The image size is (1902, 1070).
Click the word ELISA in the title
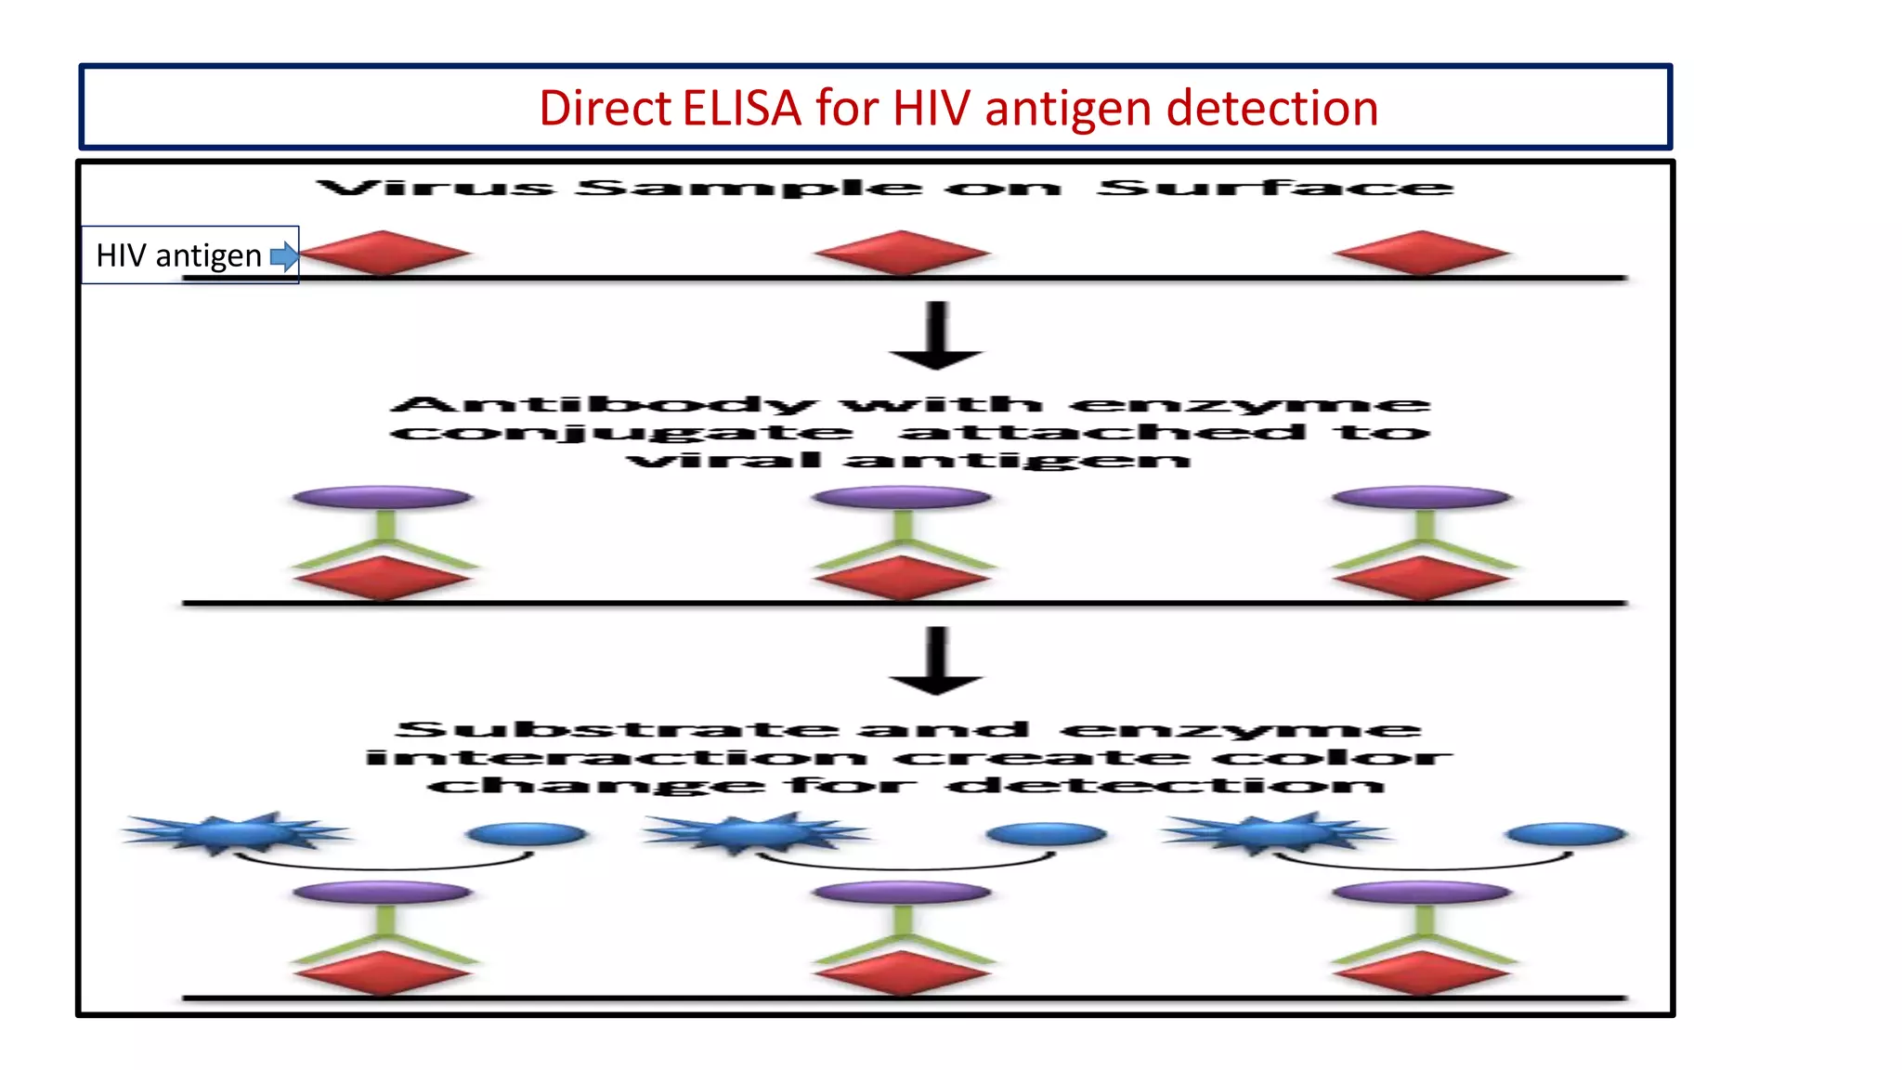741,109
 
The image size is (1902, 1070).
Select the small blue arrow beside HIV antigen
284,256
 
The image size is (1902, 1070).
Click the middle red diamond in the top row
901,253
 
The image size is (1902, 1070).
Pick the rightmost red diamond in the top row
1421,253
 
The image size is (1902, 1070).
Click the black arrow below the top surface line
936,336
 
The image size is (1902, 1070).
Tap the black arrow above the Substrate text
936,661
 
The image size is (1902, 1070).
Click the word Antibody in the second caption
604,405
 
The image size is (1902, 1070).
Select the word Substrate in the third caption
617,730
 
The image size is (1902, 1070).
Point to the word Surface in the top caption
1274,189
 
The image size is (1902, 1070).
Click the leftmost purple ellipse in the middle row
383,498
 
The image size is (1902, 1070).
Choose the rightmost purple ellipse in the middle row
1421,498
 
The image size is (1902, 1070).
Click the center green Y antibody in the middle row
903,542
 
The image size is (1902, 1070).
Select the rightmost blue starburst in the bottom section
1278,832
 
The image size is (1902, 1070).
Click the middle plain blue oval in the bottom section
1046,834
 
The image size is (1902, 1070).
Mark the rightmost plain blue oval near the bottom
1566,834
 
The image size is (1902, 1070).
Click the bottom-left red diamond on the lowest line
383,973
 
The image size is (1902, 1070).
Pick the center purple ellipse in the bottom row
901,893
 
